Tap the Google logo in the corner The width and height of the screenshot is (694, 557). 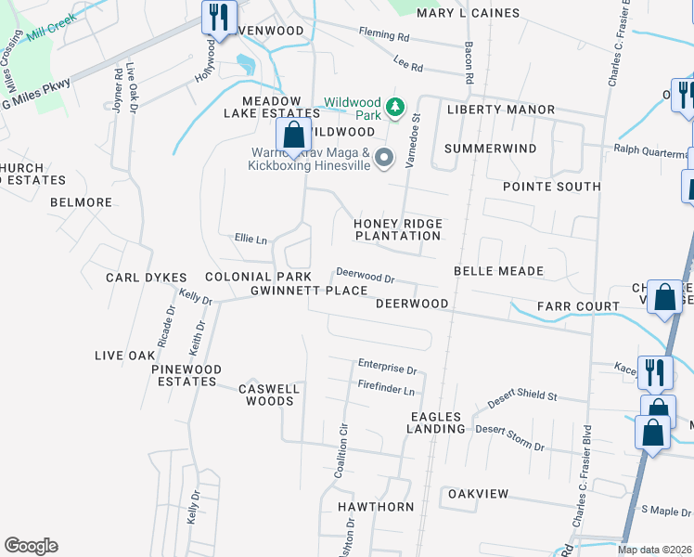point(31,546)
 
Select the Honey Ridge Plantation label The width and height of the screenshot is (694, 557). point(397,229)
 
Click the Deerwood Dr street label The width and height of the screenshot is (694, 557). point(366,277)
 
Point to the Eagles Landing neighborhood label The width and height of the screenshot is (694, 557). point(436,422)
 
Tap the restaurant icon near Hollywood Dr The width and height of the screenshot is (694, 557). point(219,19)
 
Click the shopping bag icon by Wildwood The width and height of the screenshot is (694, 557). point(293,136)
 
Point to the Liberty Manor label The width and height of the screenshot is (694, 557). point(500,110)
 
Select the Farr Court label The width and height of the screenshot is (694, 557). point(577,305)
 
